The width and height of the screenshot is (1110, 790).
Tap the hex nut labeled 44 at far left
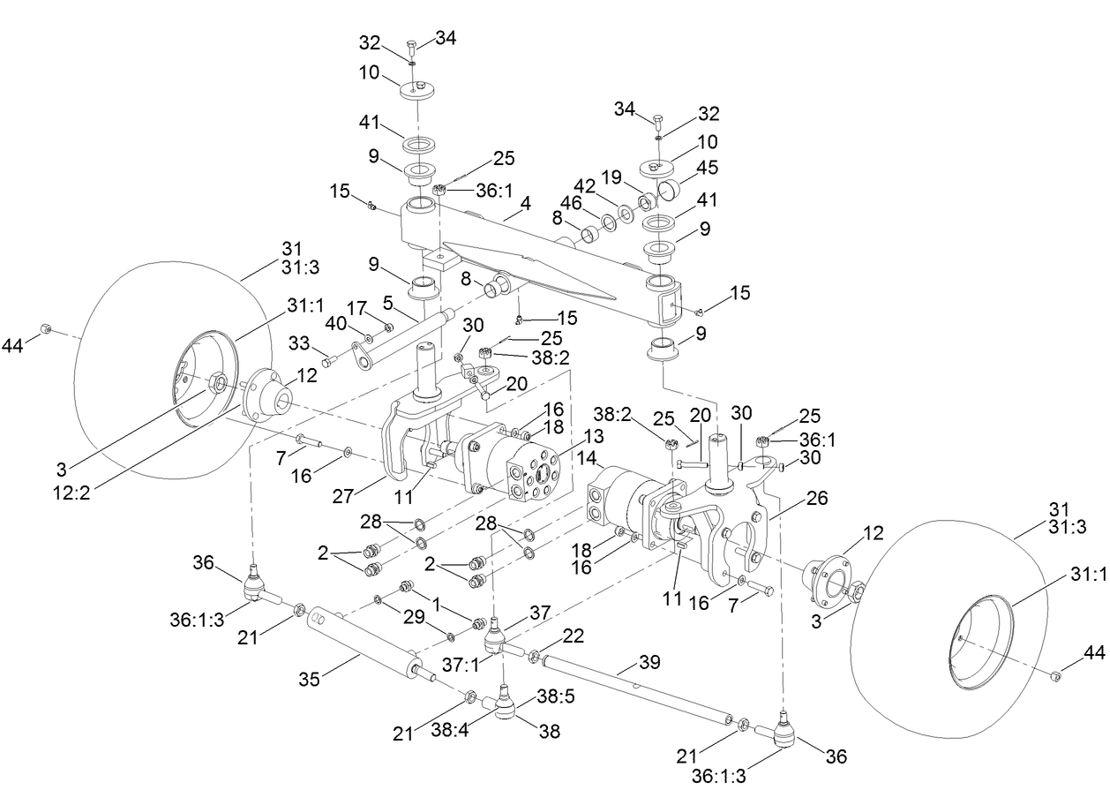click(47, 330)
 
